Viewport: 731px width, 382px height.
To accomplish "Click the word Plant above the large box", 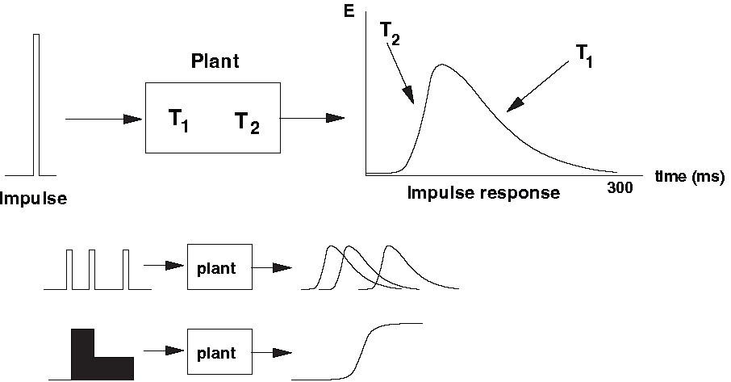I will (x=212, y=62).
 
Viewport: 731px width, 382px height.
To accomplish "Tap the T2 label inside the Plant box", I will (x=247, y=122).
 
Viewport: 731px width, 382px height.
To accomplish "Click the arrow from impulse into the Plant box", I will (x=103, y=120).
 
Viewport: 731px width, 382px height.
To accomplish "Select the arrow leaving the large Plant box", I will (x=312, y=118).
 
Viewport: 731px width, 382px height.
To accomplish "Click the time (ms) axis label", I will (x=690, y=176).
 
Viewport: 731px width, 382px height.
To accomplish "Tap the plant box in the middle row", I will (x=219, y=267).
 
